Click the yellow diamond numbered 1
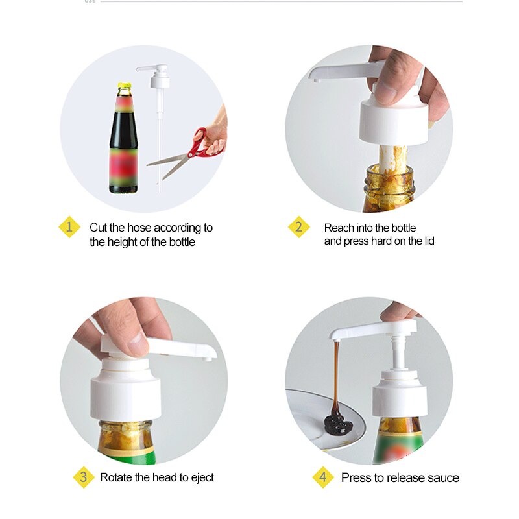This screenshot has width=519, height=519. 69,227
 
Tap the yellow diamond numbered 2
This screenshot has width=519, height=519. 298,227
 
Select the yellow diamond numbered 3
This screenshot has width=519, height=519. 84,477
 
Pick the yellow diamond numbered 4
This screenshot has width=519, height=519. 322,477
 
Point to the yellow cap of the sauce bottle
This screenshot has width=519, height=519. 124,86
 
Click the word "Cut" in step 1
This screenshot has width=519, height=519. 99,228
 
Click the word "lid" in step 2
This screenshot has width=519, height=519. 429,241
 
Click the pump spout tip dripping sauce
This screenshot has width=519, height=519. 335,339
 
